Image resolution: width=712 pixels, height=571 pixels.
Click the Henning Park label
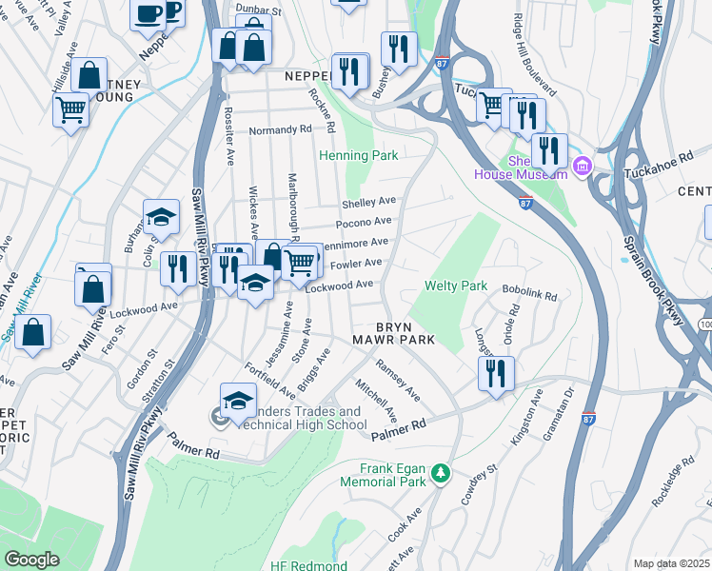click(358, 156)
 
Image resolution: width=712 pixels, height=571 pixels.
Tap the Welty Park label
click(456, 285)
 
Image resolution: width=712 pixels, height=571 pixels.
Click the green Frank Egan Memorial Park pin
click(440, 473)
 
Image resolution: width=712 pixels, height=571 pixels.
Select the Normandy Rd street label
click(280, 129)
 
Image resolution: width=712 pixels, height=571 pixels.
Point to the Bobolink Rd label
click(529, 296)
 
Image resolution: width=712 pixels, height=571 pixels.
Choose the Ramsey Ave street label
click(398, 380)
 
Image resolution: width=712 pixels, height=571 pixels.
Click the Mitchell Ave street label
click(376, 401)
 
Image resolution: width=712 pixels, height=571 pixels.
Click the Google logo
click(31, 560)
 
